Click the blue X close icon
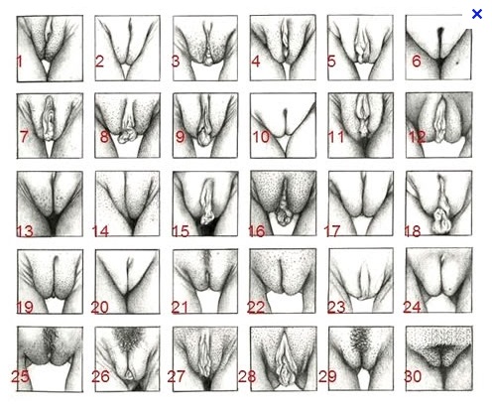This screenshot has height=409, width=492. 477,14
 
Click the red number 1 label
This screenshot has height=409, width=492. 19,62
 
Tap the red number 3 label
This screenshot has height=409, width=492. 176,62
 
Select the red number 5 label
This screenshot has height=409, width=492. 331,62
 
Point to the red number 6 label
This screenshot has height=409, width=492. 417,62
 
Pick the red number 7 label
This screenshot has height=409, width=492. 24,136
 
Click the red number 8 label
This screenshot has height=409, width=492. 104,137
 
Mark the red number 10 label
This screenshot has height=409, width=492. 261,137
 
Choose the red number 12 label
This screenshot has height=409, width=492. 417,137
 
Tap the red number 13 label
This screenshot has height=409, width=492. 25,231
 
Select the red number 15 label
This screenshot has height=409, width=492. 181,231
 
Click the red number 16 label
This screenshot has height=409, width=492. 257,231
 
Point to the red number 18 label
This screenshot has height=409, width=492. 413,231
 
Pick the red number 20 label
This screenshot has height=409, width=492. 100,308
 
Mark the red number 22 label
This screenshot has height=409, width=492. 256,308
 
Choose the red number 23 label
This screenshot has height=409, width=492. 336,308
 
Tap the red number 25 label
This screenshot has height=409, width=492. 20,376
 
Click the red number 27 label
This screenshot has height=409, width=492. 176,376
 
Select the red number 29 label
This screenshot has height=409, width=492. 327,376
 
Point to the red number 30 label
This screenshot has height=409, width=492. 413,376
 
